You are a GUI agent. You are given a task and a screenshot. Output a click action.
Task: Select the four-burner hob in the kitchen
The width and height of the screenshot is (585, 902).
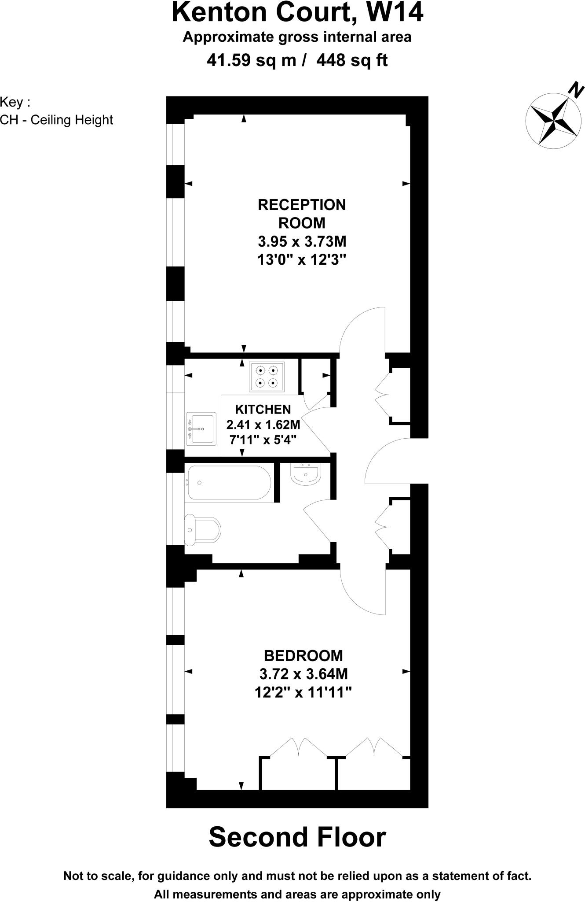[267, 377]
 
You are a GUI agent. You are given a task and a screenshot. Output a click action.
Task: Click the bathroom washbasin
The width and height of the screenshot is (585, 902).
[306, 474]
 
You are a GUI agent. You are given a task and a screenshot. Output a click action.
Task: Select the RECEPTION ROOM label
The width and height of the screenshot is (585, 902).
[302, 214]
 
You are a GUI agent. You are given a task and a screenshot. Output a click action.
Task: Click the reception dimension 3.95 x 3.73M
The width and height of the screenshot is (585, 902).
[302, 241]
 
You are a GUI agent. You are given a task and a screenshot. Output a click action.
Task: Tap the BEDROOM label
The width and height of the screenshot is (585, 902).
[303, 655]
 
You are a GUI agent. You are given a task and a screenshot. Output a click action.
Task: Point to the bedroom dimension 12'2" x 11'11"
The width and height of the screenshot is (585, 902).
[303, 693]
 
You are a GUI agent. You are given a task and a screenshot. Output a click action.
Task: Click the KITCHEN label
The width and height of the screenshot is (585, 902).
[263, 409]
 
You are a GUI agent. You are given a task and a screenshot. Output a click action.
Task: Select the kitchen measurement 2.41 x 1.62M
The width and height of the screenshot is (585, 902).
[263, 425]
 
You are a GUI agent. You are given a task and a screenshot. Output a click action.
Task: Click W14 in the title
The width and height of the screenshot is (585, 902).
[394, 12]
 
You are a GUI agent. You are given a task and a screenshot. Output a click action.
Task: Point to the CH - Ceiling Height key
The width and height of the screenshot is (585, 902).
[57, 120]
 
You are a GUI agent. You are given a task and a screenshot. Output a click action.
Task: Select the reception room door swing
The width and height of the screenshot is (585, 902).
[362, 328]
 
